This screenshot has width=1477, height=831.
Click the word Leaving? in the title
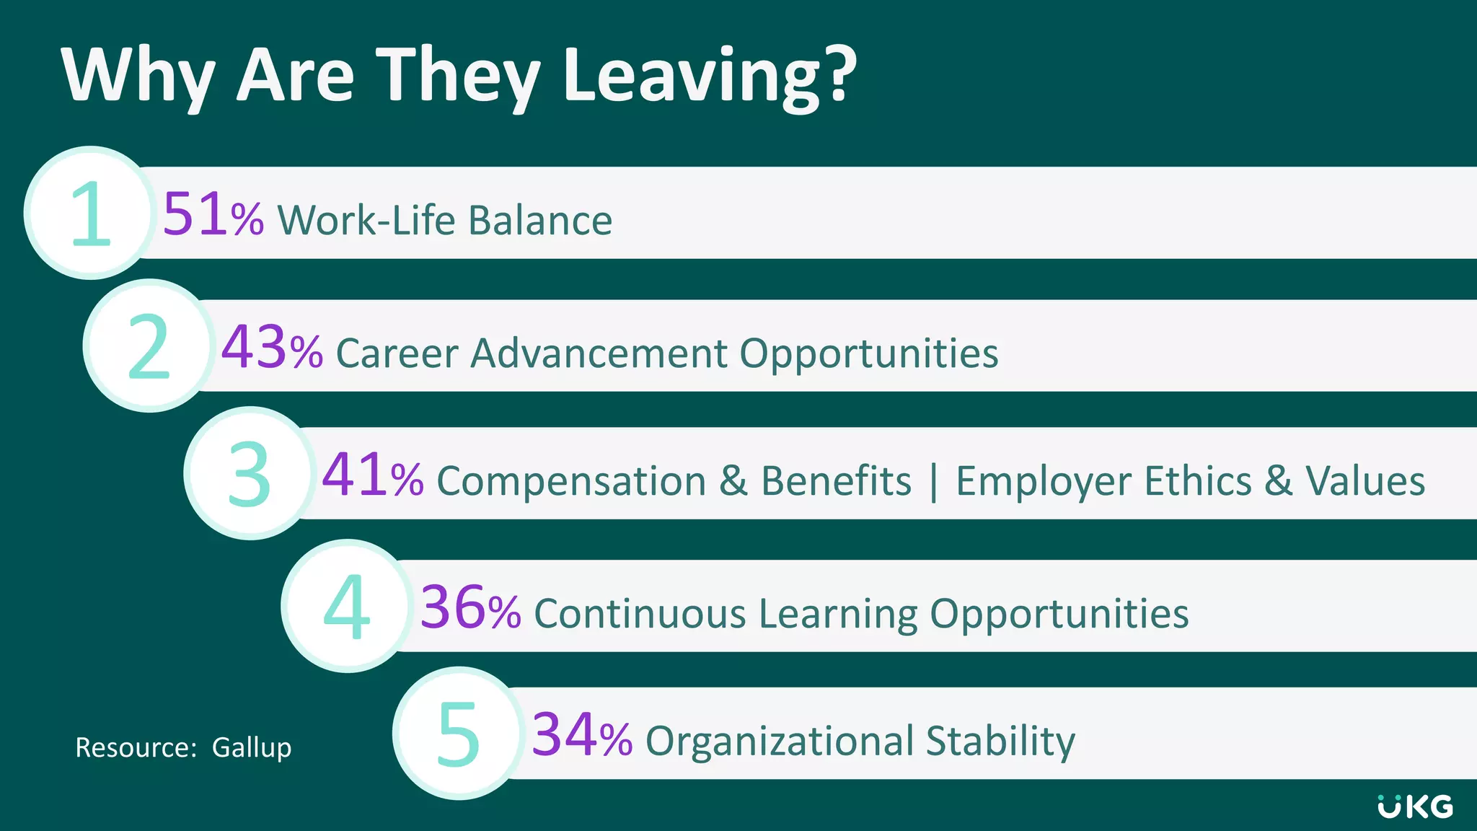[710, 76]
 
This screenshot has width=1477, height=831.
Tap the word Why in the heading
[138, 76]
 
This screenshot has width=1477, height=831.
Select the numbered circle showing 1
[90, 213]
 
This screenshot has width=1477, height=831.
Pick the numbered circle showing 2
[149, 346]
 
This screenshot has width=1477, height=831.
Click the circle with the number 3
[250, 473]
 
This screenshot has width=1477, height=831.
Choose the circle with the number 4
[348, 606]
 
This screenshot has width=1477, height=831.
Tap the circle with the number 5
[459, 733]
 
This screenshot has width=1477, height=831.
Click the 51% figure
[213, 216]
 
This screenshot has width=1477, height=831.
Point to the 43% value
[272, 348]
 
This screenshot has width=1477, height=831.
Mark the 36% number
[470, 609]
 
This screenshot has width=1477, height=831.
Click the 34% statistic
[582, 737]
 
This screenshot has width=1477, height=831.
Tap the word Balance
[540, 220]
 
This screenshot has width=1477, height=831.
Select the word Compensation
[571, 481]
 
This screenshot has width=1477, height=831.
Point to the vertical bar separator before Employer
[934, 481]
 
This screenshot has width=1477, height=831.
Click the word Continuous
[640, 614]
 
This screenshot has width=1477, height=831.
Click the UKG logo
[1415, 806]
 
